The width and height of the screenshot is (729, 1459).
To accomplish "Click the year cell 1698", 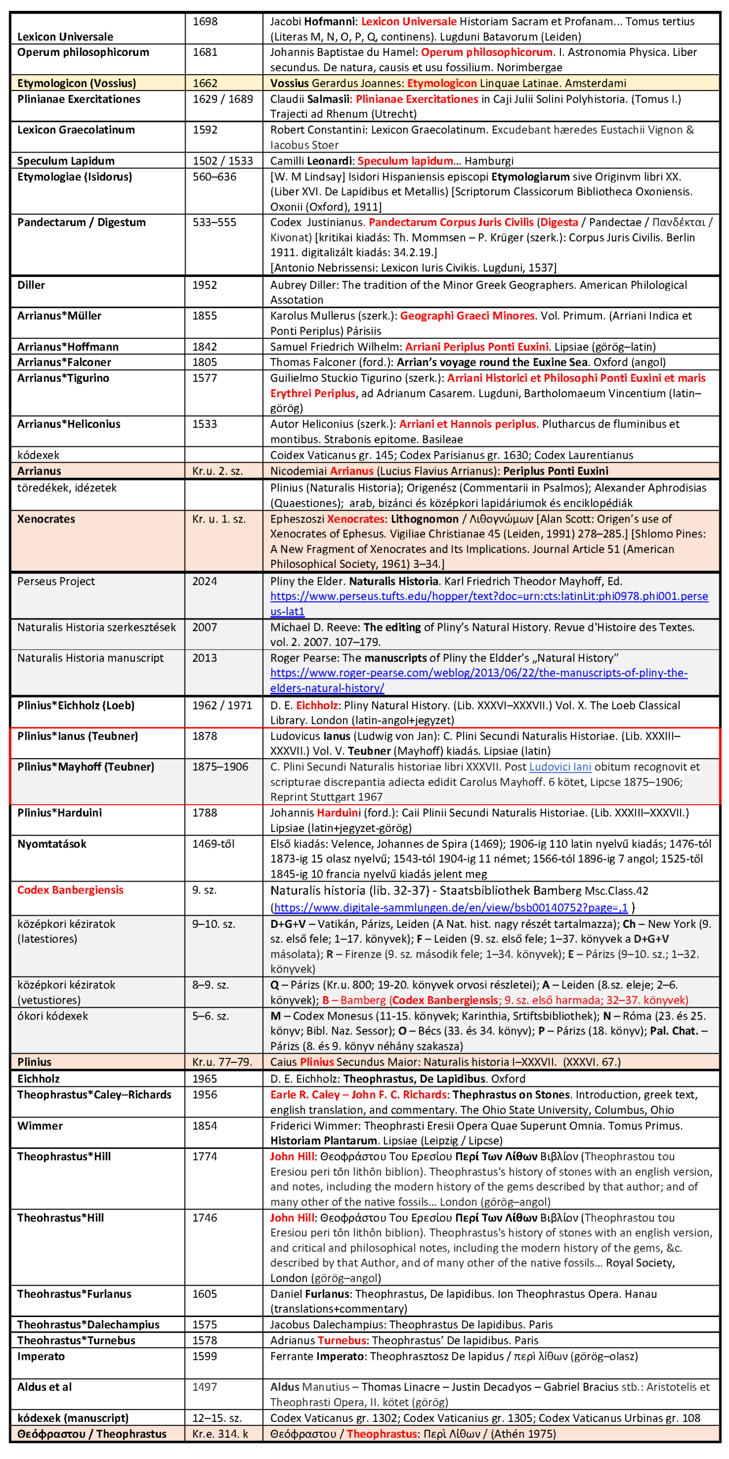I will click(x=204, y=22).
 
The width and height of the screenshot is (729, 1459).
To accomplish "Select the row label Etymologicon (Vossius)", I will click(x=76, y=83).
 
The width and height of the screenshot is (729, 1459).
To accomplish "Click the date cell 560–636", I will click(x=214, y=177).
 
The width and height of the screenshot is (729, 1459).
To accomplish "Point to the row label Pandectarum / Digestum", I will click(x=81, y=222).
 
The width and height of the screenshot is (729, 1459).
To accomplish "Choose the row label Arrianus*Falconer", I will click(x=64, y=362).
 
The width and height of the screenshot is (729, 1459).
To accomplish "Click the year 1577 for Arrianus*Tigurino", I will click(x=204, y=378).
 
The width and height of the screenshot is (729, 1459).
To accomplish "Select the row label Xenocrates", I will click(x=46, y=519).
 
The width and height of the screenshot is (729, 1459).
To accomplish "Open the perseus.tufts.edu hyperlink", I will click(x=489, y=597).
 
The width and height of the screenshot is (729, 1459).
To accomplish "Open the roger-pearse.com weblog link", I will click(x=478, y=673).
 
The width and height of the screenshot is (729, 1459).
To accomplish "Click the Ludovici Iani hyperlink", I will click(x=560, y=767).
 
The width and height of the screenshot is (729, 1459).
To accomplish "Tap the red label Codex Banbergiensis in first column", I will click(x=70, y=890).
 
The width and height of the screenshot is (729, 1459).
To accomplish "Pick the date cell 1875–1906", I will click(x=220, y=767).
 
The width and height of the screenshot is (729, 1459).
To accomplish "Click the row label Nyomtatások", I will click(x=52, y=844).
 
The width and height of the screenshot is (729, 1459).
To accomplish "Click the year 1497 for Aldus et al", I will click(x=204, y=1387).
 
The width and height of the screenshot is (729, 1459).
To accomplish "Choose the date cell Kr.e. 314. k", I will click(x=220, y=1434).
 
